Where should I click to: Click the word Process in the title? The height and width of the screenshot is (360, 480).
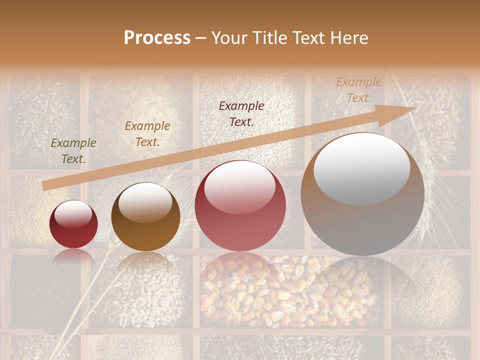[157, 37]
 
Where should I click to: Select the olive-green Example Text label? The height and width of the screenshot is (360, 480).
[73, 150]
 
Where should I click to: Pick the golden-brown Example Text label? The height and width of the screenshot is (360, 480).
[147, 133]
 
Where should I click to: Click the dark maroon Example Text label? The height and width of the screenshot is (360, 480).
[241, 113]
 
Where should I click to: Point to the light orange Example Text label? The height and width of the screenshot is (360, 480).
[359, 90]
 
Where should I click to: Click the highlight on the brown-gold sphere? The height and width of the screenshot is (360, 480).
[145, 202]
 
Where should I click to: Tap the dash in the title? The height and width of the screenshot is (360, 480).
[201, 38]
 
